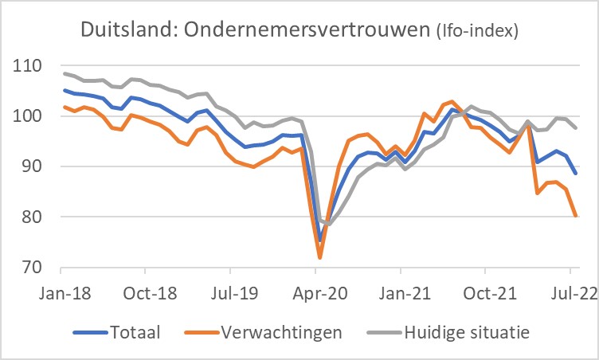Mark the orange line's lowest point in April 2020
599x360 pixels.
319,258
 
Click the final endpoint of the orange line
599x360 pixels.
576,215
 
